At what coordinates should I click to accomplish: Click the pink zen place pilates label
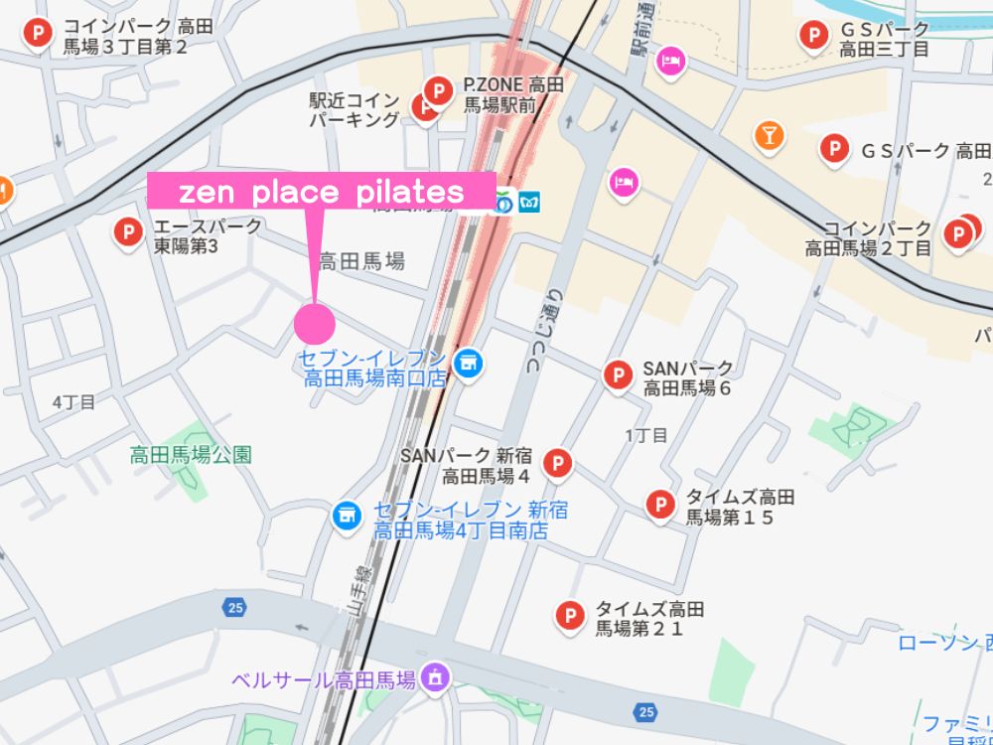click(x=321, y=191)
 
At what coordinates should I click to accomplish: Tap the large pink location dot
click(x=315, y=323)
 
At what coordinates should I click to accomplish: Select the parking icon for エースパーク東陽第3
click(x=127, y=232)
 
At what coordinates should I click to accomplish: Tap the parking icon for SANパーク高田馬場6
click(x=618, y=374)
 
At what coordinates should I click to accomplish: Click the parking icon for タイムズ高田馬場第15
click(x=660, y=505)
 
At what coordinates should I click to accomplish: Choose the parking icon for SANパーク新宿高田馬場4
click(x=559, y=463)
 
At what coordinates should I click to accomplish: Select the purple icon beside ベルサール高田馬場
click(x=435, y=679)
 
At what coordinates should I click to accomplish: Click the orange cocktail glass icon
click(x=768, y=135)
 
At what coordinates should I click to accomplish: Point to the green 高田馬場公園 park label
click(x=191, y=455)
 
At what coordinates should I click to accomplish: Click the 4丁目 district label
click(x=73, y=402)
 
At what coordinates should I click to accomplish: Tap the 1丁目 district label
click(x=646, y=434)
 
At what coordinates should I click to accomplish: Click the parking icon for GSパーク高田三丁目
click(x=814, y=37)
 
